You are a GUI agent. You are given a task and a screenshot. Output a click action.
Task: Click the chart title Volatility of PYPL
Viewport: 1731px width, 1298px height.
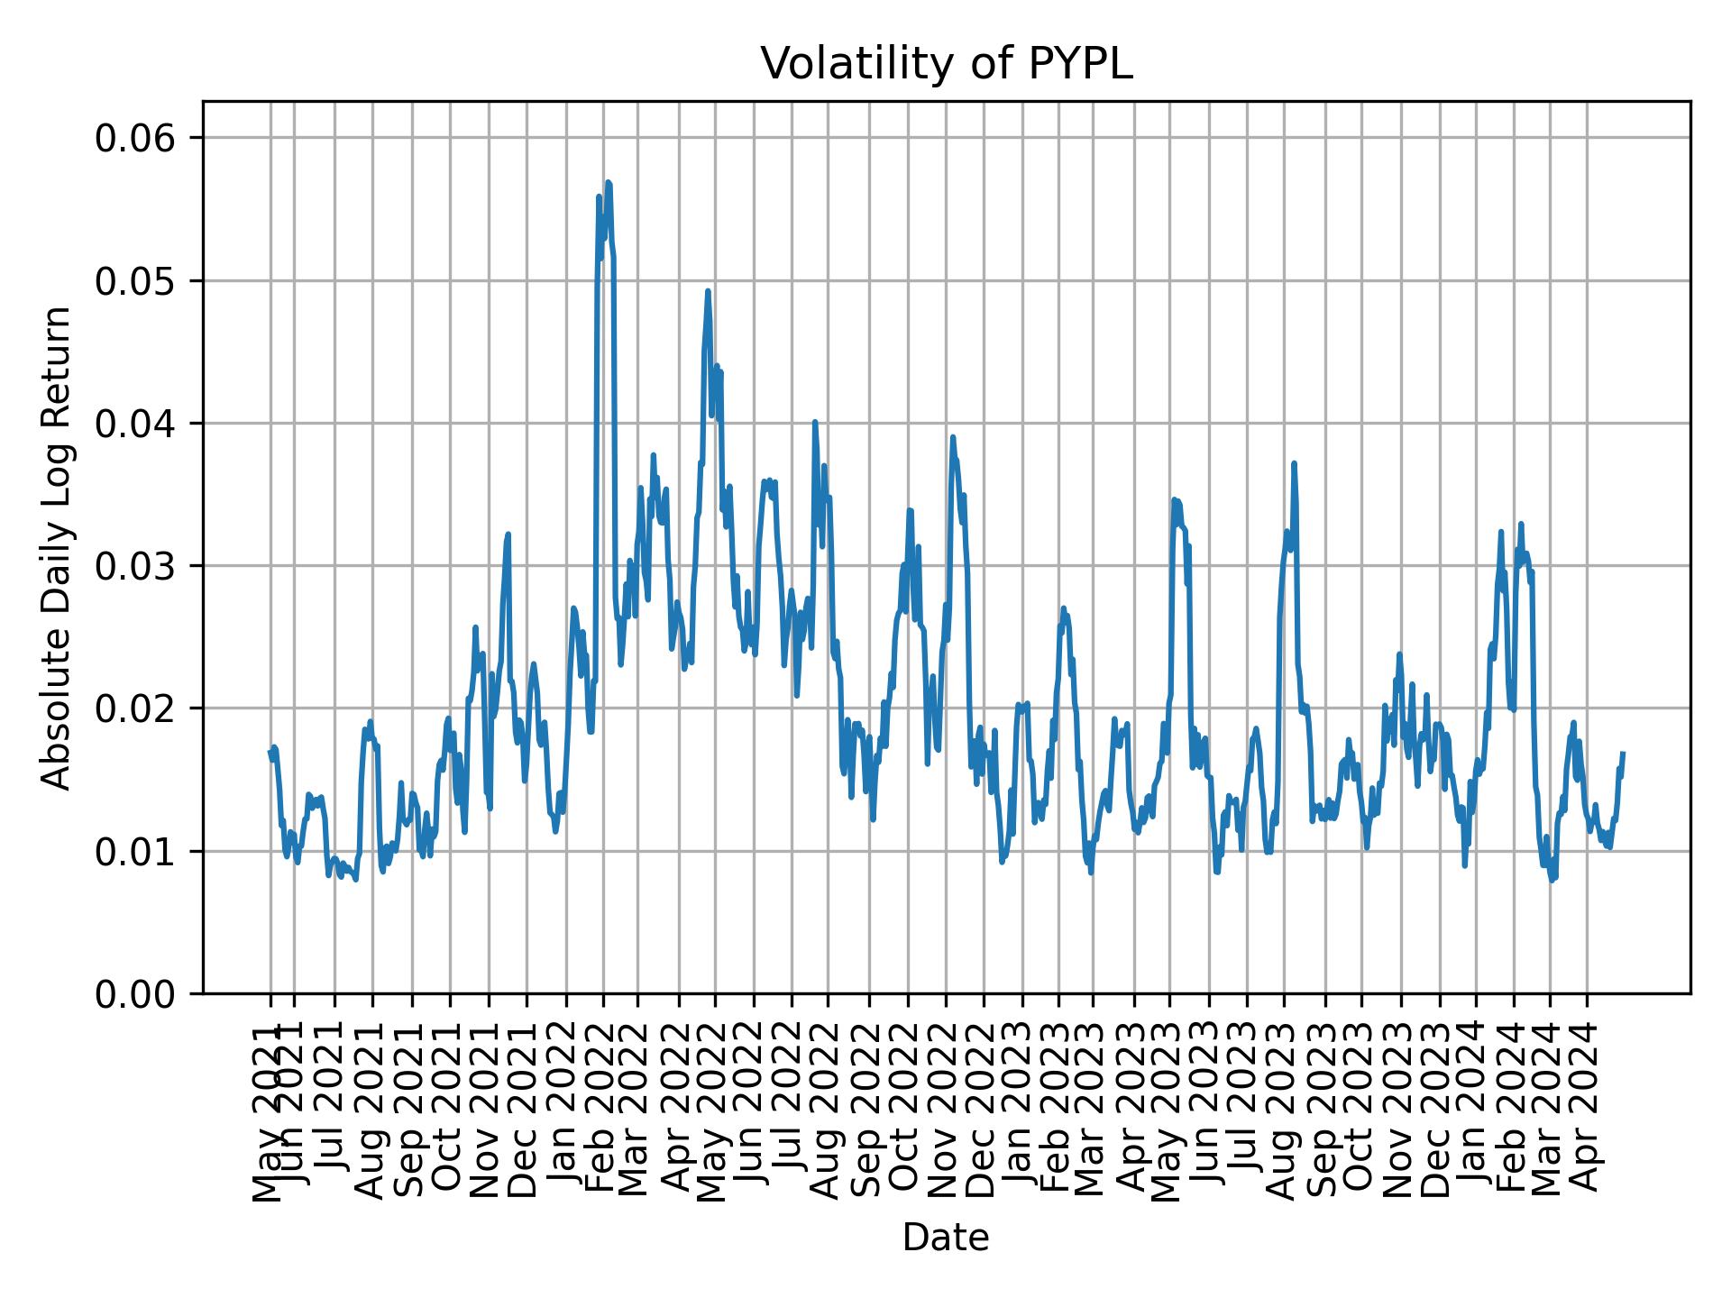click(x=946, y=64)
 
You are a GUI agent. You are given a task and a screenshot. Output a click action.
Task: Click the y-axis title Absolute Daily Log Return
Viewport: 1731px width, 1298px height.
click(x=58, y=547)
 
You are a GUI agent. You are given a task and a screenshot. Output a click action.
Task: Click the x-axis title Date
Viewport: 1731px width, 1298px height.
click(x=946, y=1238)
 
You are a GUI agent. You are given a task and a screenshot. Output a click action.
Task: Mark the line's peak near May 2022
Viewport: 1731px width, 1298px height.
click(x=708, y=291)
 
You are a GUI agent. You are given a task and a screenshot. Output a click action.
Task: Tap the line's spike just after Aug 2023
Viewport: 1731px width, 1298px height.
click(x=1294, y=463)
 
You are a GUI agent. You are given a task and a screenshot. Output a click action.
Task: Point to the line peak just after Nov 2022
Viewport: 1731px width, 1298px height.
click(x=952, y=437)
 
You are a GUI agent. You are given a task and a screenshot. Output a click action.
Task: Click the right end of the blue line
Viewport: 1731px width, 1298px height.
click(x=1623, y=753)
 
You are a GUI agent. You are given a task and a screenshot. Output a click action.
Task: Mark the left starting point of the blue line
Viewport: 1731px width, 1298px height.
click(x=270, y=751)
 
